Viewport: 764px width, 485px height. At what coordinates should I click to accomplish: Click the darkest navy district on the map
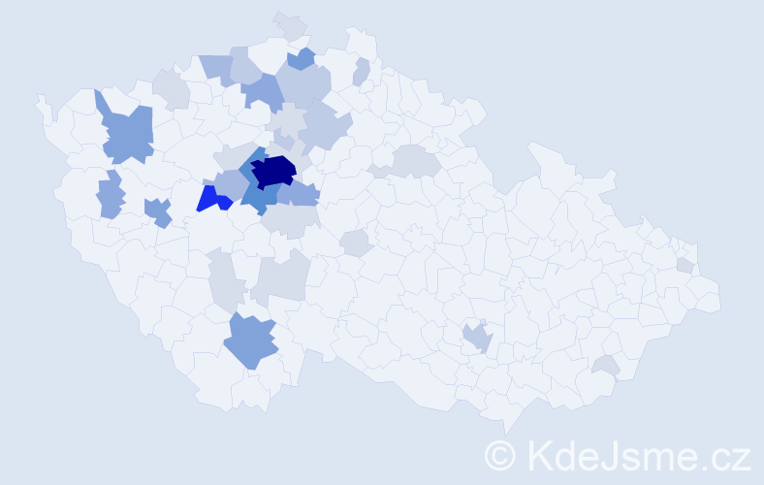point(273,171)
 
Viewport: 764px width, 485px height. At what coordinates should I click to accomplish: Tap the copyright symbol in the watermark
point(500,455)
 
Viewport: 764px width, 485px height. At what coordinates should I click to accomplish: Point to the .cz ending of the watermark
point(721,455)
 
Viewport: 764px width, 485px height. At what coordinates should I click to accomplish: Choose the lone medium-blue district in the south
point(250,340)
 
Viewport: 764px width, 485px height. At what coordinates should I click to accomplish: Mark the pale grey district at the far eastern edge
point(685,265)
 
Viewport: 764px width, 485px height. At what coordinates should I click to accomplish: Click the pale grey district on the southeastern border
point(606,365)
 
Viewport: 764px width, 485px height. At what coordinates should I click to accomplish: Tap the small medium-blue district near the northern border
point(302,59)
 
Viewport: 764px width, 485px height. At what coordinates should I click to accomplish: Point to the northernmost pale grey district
point(290,25)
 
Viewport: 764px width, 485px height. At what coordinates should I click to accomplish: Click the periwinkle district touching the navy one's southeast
point(300,194)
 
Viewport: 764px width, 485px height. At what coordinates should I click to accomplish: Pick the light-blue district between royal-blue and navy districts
point(232,183)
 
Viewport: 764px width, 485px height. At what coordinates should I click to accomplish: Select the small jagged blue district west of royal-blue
point(157,211)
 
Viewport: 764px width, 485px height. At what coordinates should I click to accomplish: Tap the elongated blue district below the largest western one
point(111,195)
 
